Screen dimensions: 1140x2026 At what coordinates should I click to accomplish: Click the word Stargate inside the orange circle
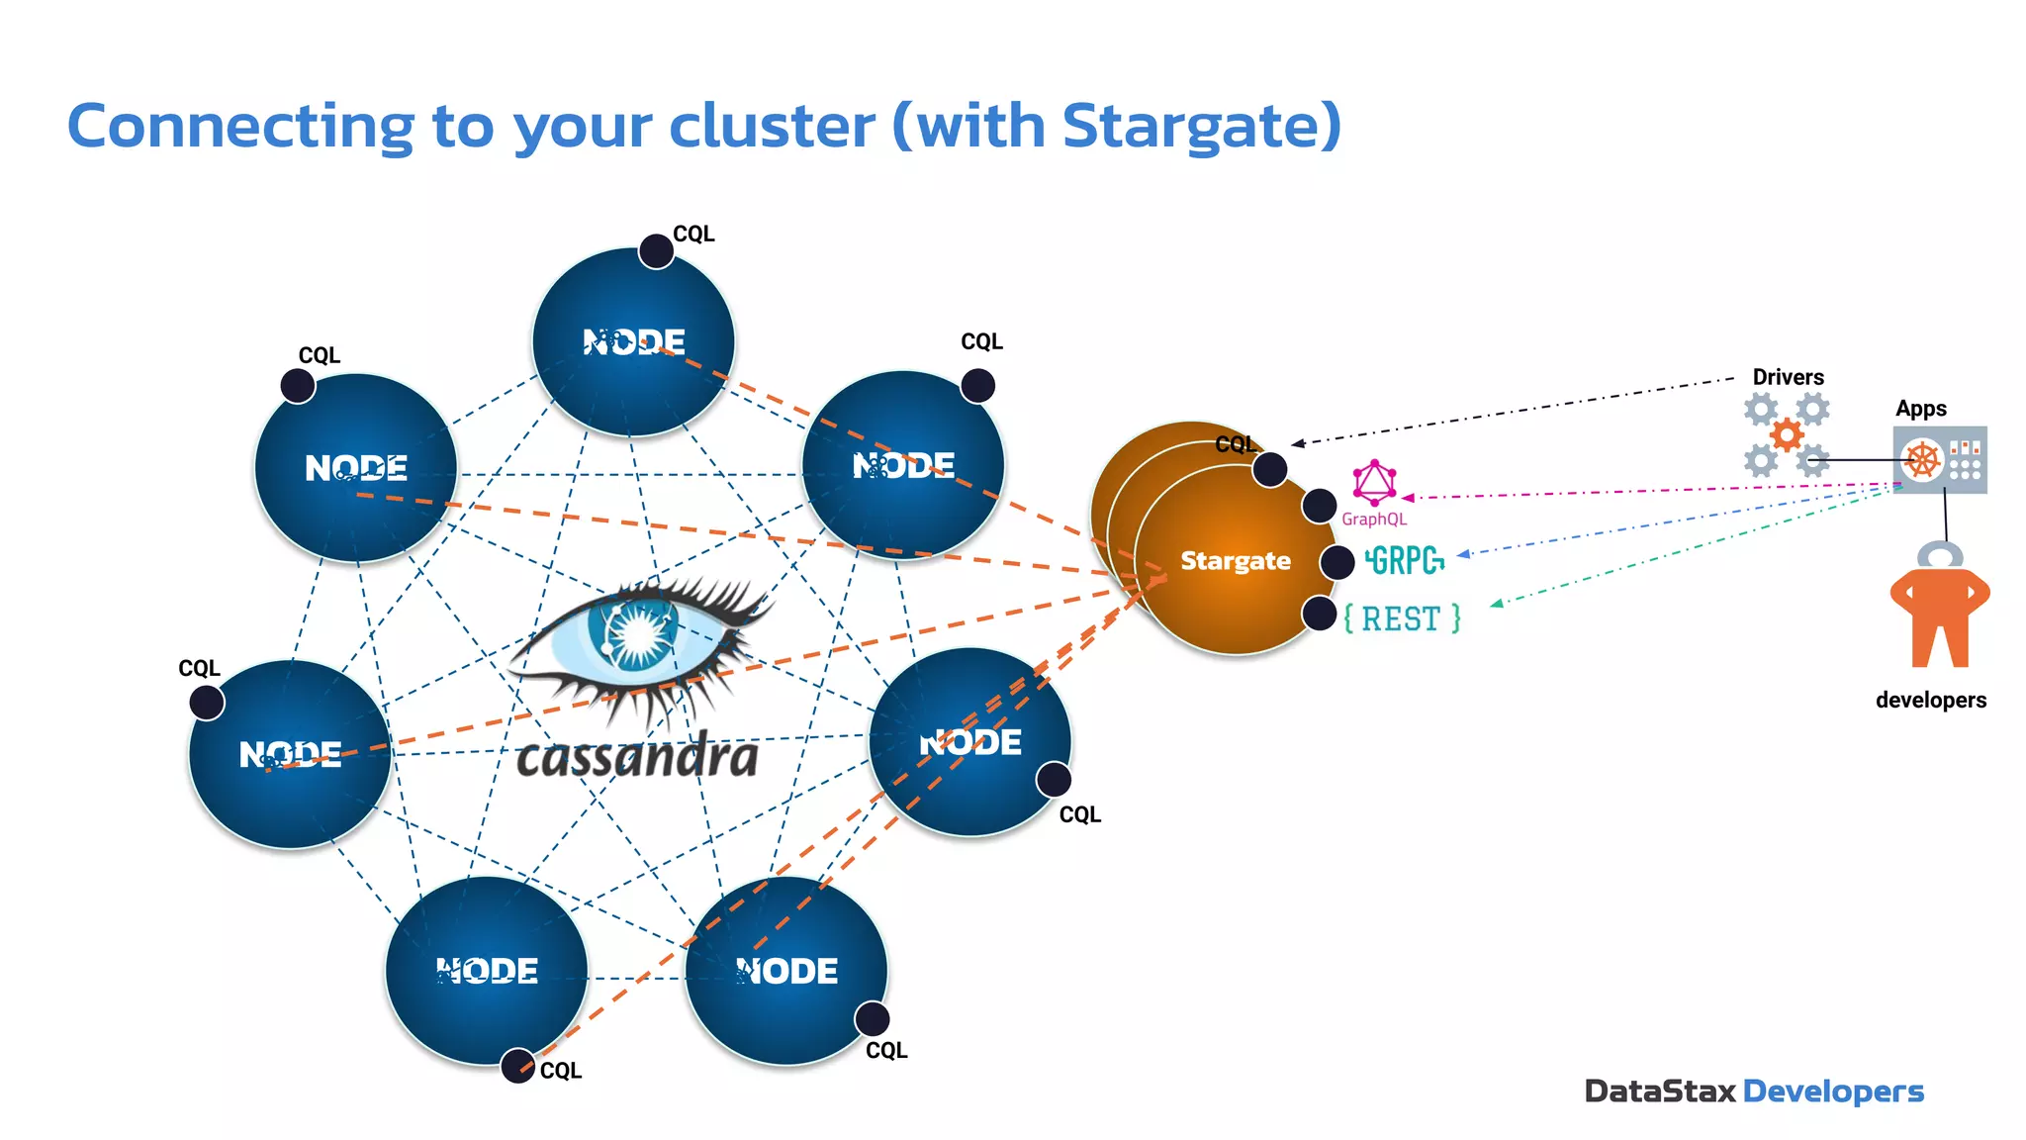point(1236,561)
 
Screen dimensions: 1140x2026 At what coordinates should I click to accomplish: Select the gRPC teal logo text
point(1405,561)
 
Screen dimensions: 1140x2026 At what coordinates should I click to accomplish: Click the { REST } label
point(1402,618)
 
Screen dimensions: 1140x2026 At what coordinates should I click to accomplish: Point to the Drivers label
point(1788,377)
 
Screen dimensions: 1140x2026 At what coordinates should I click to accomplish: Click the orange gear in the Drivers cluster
point(1787,434)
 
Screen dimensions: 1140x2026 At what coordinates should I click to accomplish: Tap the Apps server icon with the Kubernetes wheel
point(1939,460)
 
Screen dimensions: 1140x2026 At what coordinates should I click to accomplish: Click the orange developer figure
point(1939,614)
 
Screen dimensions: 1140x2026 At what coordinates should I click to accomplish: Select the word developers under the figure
point(1930,700)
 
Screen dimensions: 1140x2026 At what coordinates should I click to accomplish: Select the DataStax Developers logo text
point(1753,1092)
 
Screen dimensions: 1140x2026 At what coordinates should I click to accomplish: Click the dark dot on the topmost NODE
point(656,251)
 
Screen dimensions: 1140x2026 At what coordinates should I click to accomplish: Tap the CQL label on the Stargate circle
point(1235,444)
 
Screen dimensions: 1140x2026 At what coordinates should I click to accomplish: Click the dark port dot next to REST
point(1320,614)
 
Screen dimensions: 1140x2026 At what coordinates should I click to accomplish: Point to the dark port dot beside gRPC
point(1337,562)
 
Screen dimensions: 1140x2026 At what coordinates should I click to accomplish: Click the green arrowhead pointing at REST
point(1496,603)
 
